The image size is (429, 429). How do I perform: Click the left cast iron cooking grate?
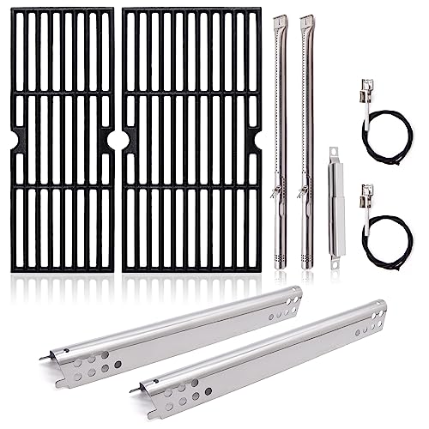(62, 140)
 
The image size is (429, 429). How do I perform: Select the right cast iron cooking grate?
(190, 140)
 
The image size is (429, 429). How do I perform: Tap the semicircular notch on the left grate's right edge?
(111, 139)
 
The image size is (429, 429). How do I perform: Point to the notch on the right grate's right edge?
(257, 139)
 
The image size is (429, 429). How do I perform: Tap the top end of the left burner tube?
(279, 19)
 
